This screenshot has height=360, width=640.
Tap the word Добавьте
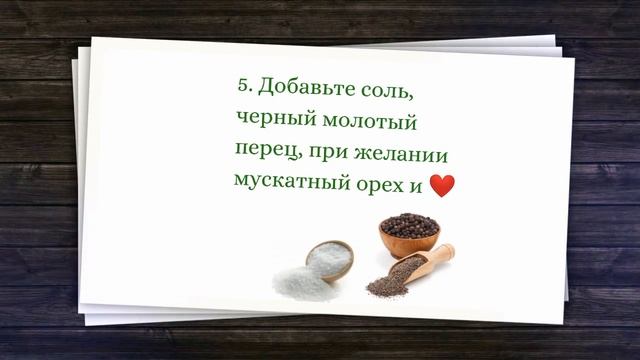point(303,88)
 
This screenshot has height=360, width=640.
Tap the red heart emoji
point(441,185)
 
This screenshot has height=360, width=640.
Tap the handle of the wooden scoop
point(439,254)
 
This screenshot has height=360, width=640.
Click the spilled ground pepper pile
point(385,290)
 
